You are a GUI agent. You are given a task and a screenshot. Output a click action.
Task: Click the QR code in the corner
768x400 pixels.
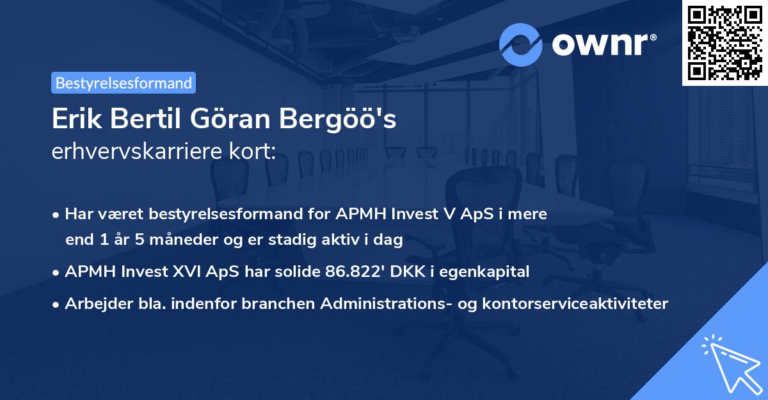coord(725,42)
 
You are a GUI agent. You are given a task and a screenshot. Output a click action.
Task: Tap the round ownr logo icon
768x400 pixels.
coord(520,45)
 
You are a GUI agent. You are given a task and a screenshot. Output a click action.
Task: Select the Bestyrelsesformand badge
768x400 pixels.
coord(124,83)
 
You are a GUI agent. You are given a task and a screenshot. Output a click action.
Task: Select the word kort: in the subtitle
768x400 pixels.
coord(254,151)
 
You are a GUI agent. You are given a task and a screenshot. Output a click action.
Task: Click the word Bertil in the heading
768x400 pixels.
coord(145,120)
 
